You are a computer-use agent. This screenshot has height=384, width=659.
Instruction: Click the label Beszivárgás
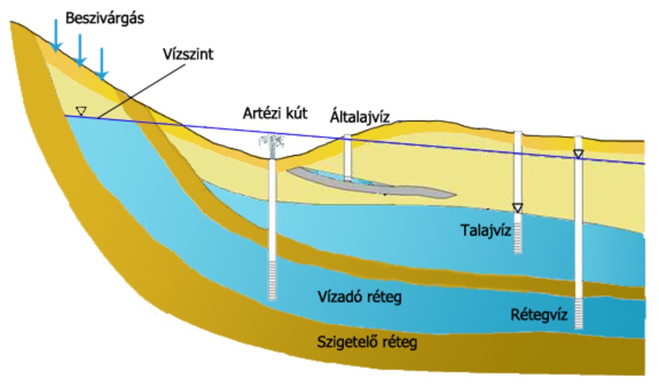(x=104, y=19)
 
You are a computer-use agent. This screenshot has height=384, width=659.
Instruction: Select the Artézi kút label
(x=275, y=114)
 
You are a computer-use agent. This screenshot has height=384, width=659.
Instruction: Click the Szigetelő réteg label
(x=367, y=343)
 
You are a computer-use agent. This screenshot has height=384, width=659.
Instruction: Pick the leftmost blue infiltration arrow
(x=55, y=35)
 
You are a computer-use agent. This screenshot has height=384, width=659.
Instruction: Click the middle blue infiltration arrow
(x=80, y=50)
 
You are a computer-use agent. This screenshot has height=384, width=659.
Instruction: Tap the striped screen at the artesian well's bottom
(x=273, y=280)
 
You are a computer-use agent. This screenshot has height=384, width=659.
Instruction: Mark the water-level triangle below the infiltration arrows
(x=81, y=111)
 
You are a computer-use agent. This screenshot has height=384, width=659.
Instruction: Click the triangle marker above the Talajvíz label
(x=517, y=207)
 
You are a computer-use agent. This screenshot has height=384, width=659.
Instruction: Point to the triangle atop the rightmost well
(x=578, y=154)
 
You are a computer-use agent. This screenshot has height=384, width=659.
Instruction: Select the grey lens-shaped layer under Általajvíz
(x=373, y=183)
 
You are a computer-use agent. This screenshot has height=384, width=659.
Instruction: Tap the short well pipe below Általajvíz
(x=347, y=157)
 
